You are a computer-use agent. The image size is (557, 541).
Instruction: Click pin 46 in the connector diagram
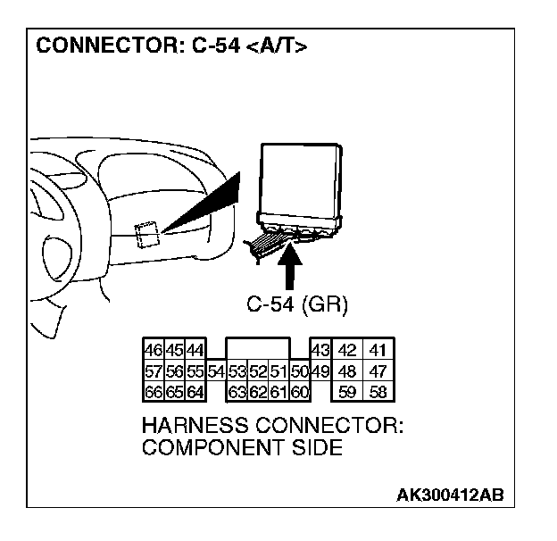click(153, 351)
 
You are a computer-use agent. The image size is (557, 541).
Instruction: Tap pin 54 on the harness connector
click(215, 370)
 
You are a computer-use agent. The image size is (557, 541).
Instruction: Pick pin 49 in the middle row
click(320, 370)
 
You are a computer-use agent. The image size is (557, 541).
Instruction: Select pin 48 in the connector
click(349, 370)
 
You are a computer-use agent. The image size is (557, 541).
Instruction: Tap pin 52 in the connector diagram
click(257, 370)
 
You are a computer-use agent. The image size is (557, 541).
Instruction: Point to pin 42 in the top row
click(349, 351)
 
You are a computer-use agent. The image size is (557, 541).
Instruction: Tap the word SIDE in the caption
click(318, 447)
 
